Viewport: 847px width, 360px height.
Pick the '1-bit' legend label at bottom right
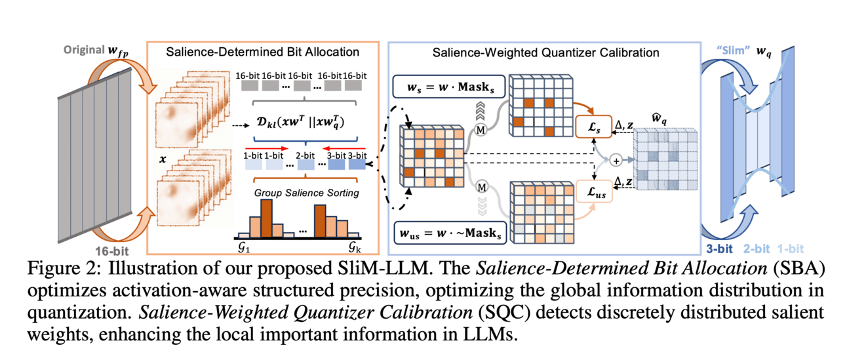tap(788, 249)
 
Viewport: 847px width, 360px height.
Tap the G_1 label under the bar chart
tap(243, 247)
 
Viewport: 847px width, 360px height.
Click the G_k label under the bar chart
tap(356, 247)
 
